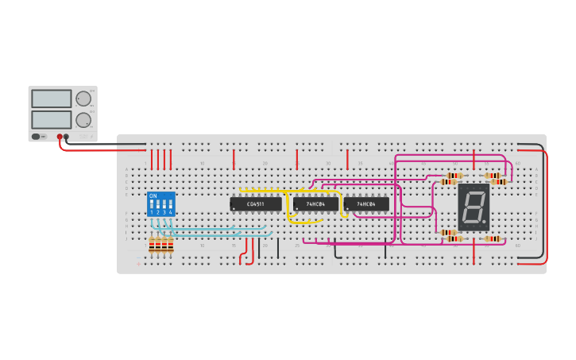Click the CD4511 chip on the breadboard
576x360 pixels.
256,204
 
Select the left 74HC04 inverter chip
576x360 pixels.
315,204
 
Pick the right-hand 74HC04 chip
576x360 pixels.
366,204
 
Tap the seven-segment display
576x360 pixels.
474,207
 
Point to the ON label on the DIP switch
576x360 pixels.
153,195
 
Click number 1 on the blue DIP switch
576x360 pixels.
151,212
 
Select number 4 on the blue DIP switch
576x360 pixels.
170,212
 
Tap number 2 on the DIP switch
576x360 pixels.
157,212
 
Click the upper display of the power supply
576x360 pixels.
52,99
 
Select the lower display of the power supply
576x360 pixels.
52,120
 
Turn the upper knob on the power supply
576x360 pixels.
83,99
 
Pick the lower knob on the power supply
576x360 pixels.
83,120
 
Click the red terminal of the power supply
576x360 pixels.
60,137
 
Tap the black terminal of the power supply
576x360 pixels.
66,137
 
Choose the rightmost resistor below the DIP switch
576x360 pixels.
171,246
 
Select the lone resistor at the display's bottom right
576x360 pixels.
493,238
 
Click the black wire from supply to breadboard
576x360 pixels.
103,144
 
